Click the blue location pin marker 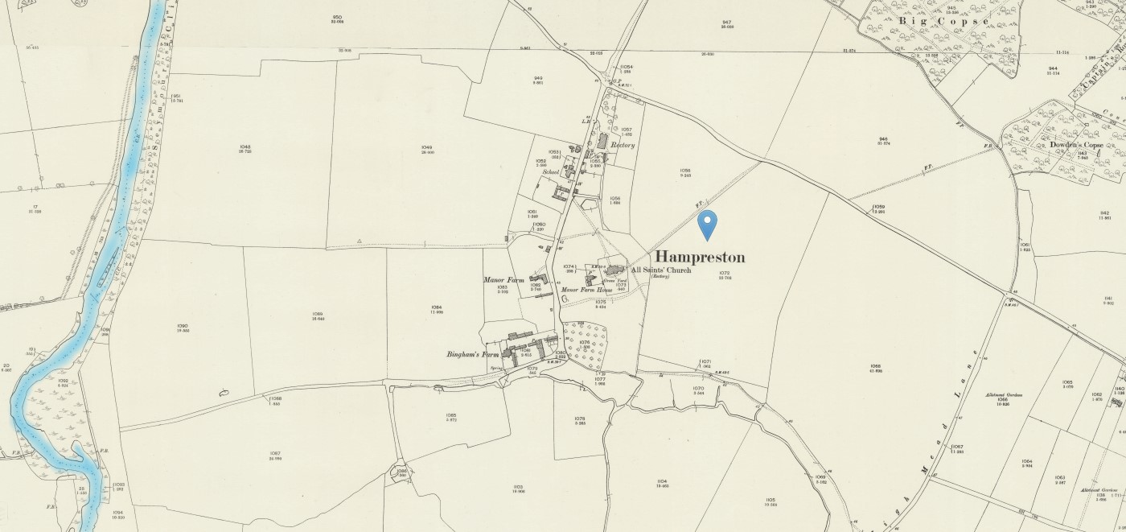pos(707,225)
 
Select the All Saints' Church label pos(661,270)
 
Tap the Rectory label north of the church pos(623,146)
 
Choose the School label pos(551,171)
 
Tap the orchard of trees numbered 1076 pos(585,344)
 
